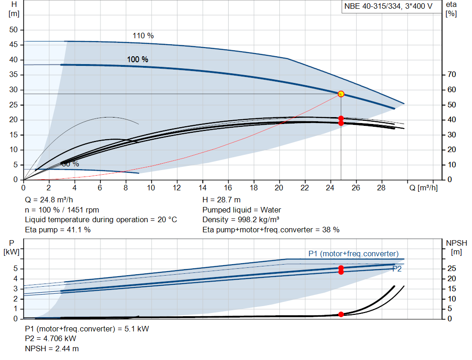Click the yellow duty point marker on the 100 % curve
[341, 94]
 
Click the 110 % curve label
[143, 36]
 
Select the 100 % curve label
[137, 59]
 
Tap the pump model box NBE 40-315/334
[388, 6]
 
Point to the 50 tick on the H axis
[13, 30]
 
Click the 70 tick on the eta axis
[452, 75]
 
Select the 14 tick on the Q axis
[202, 188]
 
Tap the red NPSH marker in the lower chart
[341, 314]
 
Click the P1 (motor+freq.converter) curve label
[354, 254]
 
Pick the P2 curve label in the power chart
[396, 269]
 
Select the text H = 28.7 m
[221, 200]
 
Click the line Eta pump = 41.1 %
[58, 229]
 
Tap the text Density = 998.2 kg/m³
[241, 219]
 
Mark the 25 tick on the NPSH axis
[452, 269]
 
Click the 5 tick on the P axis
[16, 269]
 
